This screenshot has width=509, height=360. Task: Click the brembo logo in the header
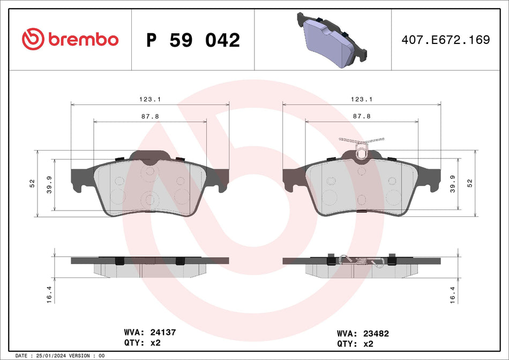(x=70, y=39)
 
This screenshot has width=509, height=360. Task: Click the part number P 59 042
(x=193, y=40)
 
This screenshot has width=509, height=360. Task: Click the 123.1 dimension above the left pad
(x=151, y=99)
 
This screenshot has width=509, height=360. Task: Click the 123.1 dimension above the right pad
(x=362, y=99)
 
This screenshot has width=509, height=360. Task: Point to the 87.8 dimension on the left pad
(x=151, y=116)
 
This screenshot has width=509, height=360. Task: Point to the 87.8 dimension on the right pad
(x=362, y=116)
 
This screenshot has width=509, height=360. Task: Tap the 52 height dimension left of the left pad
(x=32, y=183)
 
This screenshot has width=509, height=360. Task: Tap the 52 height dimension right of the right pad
(x=470, y=183)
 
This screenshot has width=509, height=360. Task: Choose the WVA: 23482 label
(x=363, y=333)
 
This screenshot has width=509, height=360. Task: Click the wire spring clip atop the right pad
(x=361, y=145)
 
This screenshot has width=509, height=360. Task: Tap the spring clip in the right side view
(x=361, y=260)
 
